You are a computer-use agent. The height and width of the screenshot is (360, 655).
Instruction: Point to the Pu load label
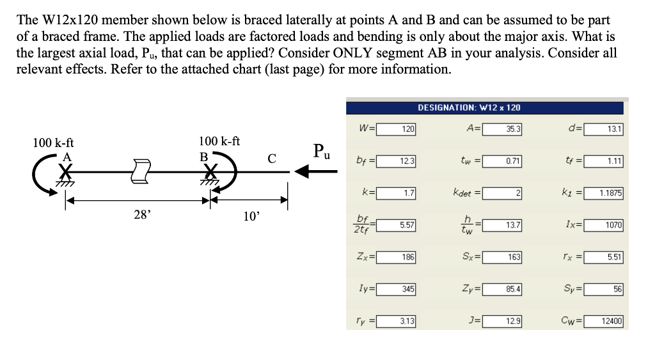[322, 151]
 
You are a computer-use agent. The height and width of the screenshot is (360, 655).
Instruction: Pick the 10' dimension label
[251, 216]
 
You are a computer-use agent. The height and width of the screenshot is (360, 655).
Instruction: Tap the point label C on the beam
[271, 157]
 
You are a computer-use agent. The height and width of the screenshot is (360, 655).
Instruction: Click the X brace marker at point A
[65, 171]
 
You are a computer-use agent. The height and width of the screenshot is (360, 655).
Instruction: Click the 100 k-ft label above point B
[219, 141]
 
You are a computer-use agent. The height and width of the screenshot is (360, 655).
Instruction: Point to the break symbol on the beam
[139, 171]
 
